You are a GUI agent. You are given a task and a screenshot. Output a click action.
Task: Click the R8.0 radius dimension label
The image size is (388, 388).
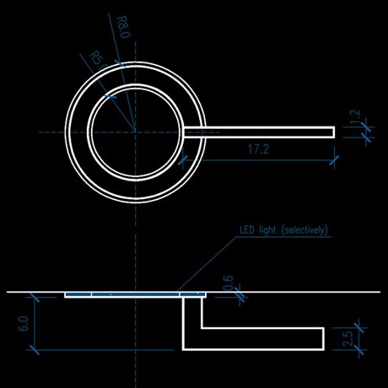pos(123,27)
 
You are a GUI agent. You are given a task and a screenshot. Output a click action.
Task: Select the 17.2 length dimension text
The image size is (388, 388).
pos(259,149)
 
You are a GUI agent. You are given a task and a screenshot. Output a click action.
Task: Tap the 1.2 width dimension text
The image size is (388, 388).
pos(355,116)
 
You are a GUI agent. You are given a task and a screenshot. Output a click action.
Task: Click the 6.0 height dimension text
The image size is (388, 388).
pos(24,324)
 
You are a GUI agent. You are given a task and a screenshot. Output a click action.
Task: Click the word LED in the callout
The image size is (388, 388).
pos(247,230)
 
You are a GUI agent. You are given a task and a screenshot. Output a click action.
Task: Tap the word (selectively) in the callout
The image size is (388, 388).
pos(304,230)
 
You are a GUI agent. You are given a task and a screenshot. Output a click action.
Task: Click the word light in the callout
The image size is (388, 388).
pos(267,230)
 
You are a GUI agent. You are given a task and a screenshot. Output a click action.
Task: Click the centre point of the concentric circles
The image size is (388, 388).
pos(136,132)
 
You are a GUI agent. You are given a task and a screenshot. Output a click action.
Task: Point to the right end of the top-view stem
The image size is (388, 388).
pos(334,132)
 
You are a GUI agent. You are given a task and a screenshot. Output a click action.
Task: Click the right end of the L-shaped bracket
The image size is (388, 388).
pos(324,339)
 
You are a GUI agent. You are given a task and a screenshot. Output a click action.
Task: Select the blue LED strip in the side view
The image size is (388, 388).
pos(135,294)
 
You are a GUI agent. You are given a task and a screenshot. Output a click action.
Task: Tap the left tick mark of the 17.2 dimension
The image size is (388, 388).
pos(183,160)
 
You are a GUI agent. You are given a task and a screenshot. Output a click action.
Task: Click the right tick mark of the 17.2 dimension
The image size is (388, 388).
pos(334,160)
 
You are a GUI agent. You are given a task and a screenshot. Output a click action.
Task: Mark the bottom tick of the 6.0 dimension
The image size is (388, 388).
pos(35,350)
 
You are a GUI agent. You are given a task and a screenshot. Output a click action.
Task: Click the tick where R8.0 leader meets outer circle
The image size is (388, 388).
pos(120,64)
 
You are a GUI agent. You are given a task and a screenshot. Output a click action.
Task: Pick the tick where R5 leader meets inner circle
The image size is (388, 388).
pos(110,96)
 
